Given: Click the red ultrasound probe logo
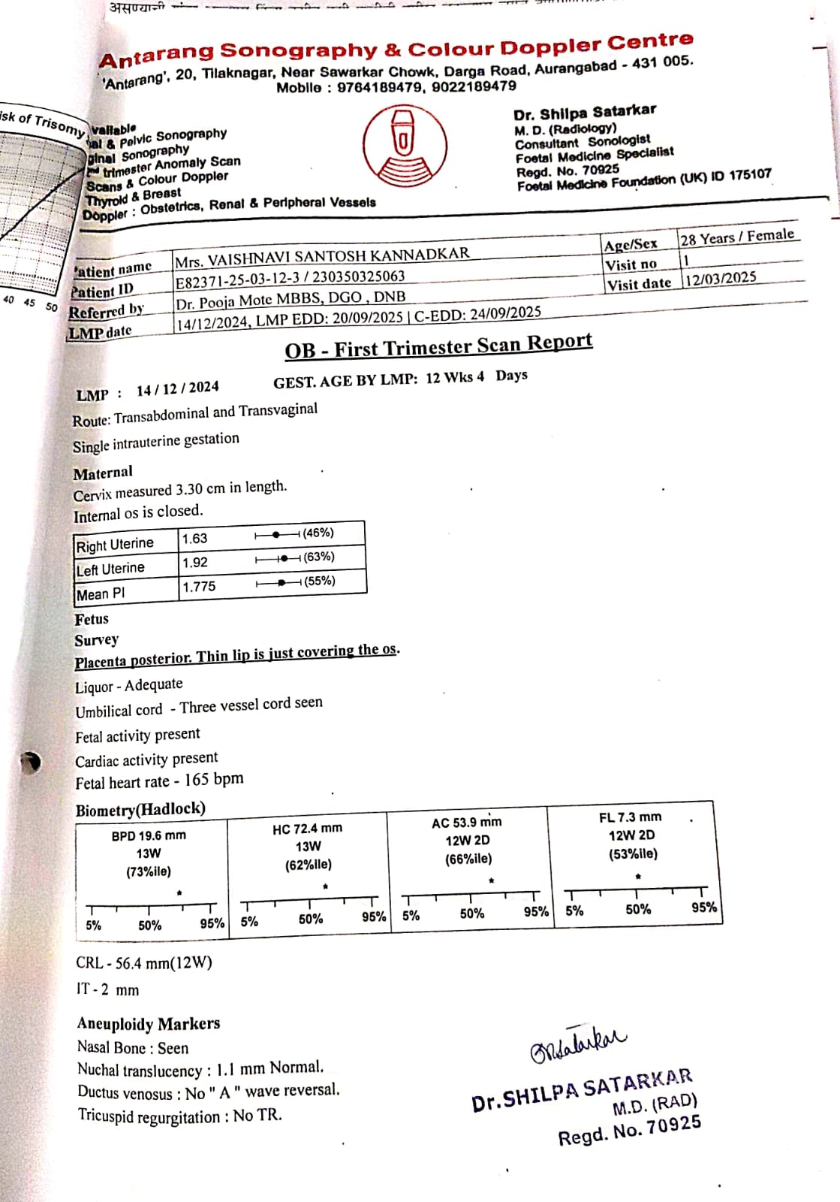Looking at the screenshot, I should click(405, 145).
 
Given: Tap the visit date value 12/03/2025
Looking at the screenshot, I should click(719, 279).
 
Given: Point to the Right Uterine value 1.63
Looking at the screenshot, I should click(194, 539).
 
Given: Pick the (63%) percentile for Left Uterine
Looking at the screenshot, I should click(319, 557).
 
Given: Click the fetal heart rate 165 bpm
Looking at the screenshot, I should click(214, 779).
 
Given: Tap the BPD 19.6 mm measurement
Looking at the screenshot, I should click(149, 835).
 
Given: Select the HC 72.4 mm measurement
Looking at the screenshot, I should click(307, 828).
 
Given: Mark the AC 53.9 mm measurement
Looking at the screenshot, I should click(467, 823).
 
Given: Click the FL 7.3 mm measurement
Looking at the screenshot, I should click(630, 817).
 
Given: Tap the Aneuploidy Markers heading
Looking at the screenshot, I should click(149, 1024).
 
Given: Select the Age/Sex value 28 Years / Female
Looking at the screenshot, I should click(737, 237).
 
